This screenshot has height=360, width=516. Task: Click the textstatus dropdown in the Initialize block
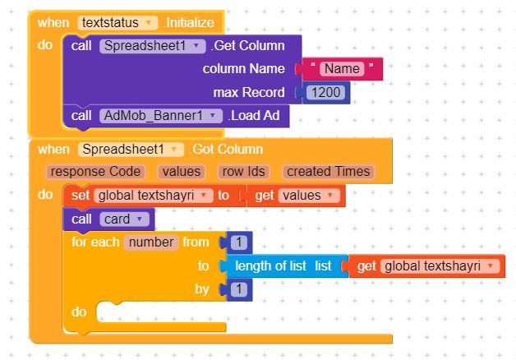pyautogui.click(x=117, y=23)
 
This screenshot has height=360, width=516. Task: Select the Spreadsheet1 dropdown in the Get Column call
pyautogui.click(x=152, y=46)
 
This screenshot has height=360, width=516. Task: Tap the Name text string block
pyautogui.click(x=342, y=69)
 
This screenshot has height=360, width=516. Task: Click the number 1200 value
pyautogui.click(x=326, y=93)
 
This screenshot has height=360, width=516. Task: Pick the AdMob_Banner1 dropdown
pyautogui.click(x=161, y=116)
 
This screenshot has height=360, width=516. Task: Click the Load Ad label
pyautogui.click(x=254, y=116)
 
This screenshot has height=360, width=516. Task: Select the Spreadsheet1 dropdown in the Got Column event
pyautogui.click(x=131, y=150)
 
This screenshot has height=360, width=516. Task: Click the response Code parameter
pyautogui.click(x=95, y=172)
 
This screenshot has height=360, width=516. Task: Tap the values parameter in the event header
pyautogui.click(x=182, y=172)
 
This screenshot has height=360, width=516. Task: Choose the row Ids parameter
pyautogui.click(x=243, y=172)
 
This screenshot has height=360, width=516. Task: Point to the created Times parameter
pyautogui.click(x=328, y=172)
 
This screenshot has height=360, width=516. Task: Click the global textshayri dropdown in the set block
pyautogui.click(x=154, y=196)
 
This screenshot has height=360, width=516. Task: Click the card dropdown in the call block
pyautogui.click(x=124, y=219)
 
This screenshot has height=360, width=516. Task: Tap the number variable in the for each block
pyautogui.click(x=151, y=242)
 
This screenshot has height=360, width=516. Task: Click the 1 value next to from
pyautogui.click(x=239, y=242)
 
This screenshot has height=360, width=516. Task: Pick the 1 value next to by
pyautogui.click(x=239, y=289)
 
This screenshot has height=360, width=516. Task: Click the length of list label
pyautogui.click(x=270, y=265)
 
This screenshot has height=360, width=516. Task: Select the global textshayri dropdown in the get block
pyautogui.click(x=440, y=265)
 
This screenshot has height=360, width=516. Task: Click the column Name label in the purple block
pyautogui.click(x=243, y=69)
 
